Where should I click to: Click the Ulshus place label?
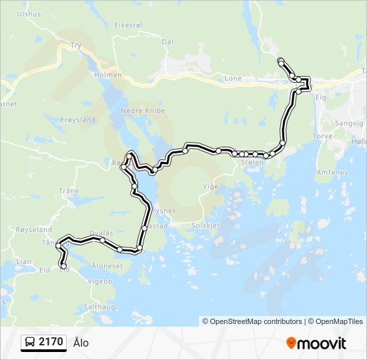pyautogui.click(x=28, y=13)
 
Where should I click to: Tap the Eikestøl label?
pyautogui.click(x=129, y=25)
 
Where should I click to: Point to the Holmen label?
pyautogui.click(x=108, y=75)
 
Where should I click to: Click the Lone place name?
pyautogui.click(x=233, y=78)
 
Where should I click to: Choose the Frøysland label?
pyautogui.click(x=78, y=120)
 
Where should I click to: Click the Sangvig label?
pyautogui.click(x=350, y=123)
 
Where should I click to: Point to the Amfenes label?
pyautogui.click(x=332, y=172)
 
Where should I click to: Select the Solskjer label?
pyautogui.click(x=206, y=225)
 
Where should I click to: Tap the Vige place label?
pyautogui.click(x=210, y=187)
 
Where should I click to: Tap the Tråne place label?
pyautogui.click(x=69, y=191)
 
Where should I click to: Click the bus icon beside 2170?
pyautogui.click(x=30, y=343)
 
